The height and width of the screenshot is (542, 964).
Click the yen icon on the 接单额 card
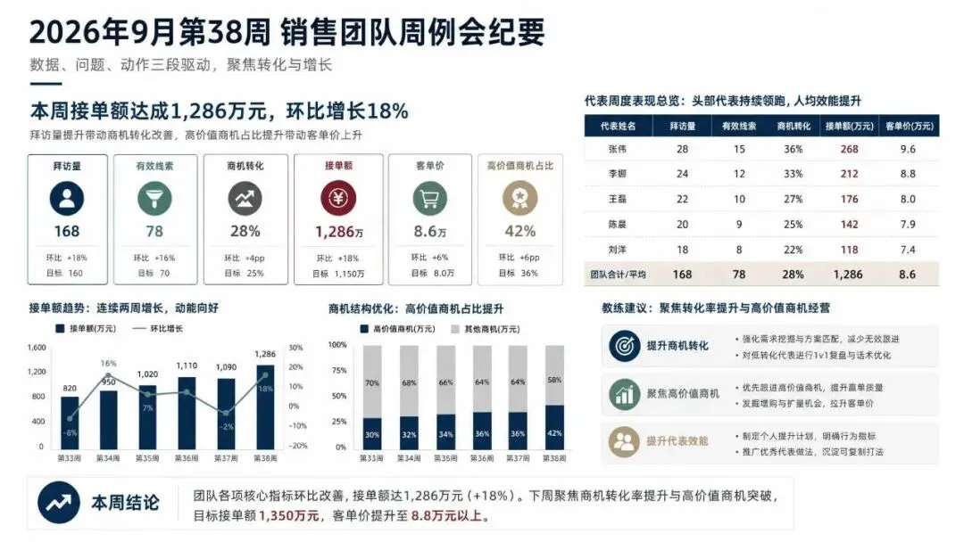(338, 198)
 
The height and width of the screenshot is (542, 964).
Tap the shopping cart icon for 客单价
(429, 198)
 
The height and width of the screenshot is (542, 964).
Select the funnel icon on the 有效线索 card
(154, 198)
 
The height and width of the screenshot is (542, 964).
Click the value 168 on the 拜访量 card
(66, 232)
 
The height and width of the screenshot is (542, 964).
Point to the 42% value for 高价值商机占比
(520, 232)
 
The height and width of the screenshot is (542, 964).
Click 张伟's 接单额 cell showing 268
(849, 149)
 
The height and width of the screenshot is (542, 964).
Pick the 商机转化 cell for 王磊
(794, 199)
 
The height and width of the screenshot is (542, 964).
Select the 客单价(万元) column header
(910, 126)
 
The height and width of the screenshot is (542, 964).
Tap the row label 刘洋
(618, 250)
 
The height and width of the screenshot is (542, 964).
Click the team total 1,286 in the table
(848, 275)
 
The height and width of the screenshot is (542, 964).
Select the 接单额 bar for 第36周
(187, 413)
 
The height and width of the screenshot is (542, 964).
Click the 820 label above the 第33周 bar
(70, 388)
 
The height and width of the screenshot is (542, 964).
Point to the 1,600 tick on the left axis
(37, 348)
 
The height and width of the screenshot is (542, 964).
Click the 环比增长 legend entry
(157, 328)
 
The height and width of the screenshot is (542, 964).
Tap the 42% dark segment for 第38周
(554, 427)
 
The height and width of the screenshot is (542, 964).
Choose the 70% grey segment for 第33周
(372, 382)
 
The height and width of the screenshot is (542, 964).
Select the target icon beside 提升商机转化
(624, 346)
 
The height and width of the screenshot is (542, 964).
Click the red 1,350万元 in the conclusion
(289, 515)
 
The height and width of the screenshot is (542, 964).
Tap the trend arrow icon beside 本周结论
(58, 503)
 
